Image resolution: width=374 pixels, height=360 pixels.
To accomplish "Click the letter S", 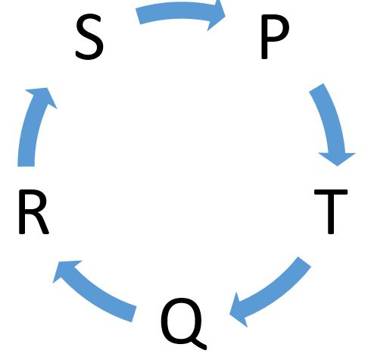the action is coord(89,37).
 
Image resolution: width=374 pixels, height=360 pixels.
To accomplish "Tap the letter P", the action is coord(275,37).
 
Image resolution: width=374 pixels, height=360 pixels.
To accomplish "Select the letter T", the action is coord(331,211).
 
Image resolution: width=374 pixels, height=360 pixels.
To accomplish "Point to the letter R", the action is coord(33,211).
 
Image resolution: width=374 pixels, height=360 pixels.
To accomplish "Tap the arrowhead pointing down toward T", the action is coord(337,158).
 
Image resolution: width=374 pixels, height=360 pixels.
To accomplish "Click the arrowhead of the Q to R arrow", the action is coord(66,271).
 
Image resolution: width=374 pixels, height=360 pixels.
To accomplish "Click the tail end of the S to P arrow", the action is coord(138,17).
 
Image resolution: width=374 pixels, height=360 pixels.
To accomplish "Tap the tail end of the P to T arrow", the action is coord(316,88).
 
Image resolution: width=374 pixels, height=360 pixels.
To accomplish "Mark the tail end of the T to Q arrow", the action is coord(304,261).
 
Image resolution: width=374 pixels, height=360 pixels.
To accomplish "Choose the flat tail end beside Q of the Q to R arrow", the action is coord(134,314).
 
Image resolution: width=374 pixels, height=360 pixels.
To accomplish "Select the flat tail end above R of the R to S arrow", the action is coord(26,166).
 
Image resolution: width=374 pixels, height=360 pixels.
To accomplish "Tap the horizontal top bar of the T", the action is coord(331,192).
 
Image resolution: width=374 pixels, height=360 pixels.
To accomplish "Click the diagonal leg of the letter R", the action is coord(42,225).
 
